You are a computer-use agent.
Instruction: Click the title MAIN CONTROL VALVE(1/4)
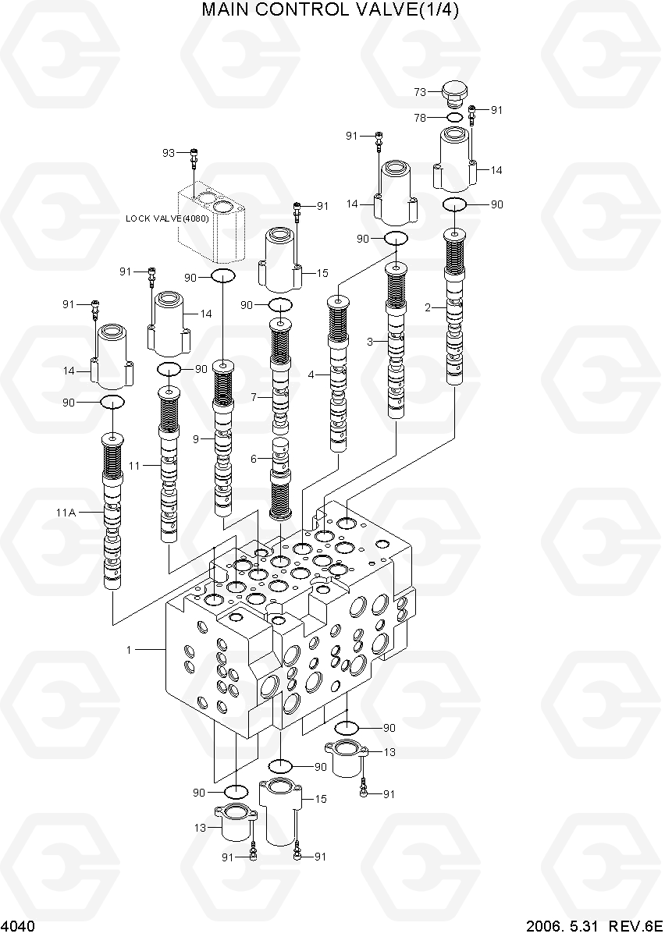click(330, 10)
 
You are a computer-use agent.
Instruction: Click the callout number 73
click(420, 92)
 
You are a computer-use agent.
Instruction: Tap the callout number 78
click(420, 118)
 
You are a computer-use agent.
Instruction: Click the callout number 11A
click(66, 513)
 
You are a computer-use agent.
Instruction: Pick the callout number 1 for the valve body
click(130, 649)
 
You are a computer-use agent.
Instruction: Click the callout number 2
click(428, 307)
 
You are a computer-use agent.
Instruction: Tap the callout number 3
click(370, 341)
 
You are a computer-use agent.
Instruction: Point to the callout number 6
click(254, 459)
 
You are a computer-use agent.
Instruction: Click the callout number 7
click(254, 398)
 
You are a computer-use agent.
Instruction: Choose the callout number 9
click(197, 439)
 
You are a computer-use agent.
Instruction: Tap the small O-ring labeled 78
click(454, 118)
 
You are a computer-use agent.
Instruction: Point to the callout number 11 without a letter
click(134, 466)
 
